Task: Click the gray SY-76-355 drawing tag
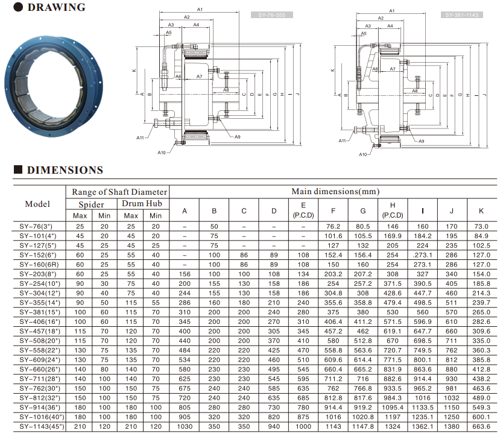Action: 272,14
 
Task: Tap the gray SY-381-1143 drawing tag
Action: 461,14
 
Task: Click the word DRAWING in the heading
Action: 57,7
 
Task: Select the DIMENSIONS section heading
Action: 65,169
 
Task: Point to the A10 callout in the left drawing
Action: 162,153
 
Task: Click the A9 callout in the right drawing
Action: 421,141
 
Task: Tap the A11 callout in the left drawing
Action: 140,137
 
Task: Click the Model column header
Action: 37,204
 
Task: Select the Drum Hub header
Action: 142,203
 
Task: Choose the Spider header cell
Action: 92,204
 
